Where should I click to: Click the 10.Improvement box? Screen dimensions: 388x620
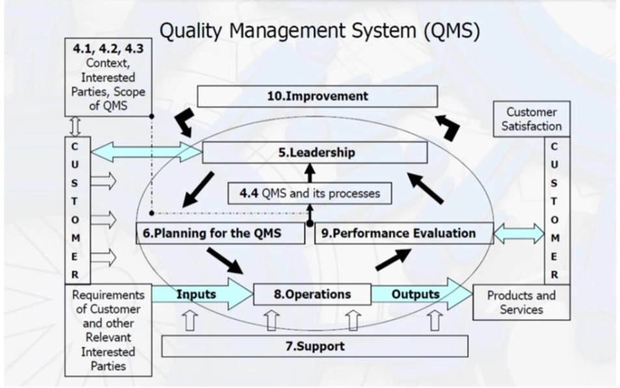[317, 96]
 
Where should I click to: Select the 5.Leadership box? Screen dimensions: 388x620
[315, 153]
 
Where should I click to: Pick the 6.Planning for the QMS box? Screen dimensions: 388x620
[220, 233]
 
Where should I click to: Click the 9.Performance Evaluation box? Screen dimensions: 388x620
[404, 233]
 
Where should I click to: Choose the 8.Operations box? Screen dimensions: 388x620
[312, 294]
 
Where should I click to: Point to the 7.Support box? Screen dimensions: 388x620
[315, 346]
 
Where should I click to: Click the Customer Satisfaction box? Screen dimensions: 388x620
[531, 119]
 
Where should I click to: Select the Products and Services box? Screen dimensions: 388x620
[521, 302]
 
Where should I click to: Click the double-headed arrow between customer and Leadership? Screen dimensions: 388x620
[146, 152]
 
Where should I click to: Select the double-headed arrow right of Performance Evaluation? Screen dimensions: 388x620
[519, 233]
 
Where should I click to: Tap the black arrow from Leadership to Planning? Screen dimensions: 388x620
[198, 189]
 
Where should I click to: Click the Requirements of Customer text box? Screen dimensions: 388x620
[109, 330]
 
